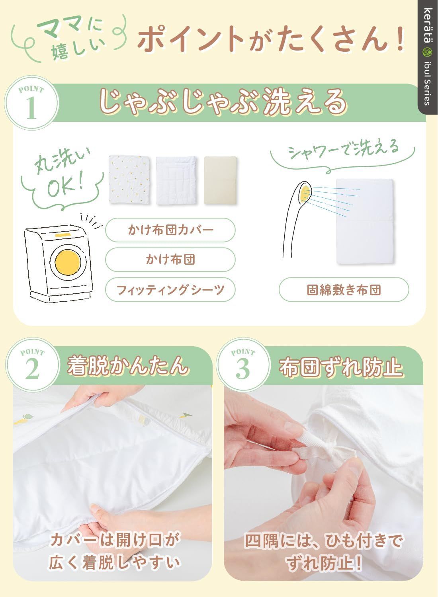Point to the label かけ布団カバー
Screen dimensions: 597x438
[170, 230]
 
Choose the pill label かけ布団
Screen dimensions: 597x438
[170, 259]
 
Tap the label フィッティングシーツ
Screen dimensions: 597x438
[170, 289]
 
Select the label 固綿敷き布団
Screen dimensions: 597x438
[344, 289]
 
